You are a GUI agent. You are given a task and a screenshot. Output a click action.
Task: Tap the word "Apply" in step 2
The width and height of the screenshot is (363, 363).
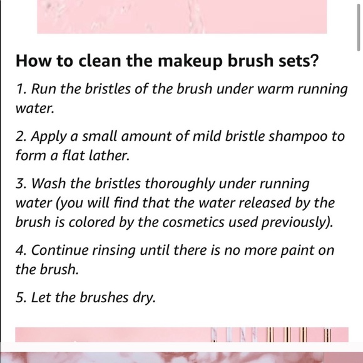(x=48, y=137)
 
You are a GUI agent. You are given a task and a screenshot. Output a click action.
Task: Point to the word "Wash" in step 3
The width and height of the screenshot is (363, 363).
(x=48, y=185)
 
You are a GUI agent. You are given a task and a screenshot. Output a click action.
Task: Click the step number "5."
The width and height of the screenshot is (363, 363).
(x=20, y=298)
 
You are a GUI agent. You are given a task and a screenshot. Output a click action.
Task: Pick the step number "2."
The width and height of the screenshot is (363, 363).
(x=20, y=137)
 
